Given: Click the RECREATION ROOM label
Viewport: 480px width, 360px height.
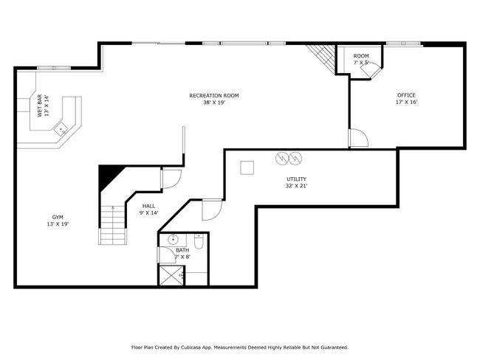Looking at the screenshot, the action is coord(214,95).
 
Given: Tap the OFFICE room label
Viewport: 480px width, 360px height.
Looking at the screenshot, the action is coord(406,95).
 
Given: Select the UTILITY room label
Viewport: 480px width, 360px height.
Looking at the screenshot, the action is coord(296,179).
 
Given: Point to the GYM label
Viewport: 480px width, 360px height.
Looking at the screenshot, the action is coord(58,217).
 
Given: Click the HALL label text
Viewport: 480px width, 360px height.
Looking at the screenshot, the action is coord(148,206).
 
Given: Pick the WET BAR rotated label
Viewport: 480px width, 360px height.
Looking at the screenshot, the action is coord(40,105).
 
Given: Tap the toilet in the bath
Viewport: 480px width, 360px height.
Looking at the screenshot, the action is coord(199,241).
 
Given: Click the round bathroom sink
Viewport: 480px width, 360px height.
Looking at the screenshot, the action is coord(174,240).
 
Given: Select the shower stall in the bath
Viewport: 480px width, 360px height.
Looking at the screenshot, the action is coord(171,276).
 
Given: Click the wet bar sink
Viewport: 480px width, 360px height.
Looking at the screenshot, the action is coord(61,129).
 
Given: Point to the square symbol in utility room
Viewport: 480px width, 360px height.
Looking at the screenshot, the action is coord(247,167).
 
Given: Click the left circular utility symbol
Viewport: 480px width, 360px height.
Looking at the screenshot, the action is coord(282,158).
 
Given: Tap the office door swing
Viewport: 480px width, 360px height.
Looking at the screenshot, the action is coord(359,138).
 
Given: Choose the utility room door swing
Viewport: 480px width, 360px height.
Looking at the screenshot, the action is coord(212,210).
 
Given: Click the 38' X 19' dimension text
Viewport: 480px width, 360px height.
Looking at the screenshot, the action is coord(214,103).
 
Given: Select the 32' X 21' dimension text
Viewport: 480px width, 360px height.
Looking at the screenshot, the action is coord(296,186).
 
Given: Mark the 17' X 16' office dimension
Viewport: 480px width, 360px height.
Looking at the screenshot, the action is coord(407,102).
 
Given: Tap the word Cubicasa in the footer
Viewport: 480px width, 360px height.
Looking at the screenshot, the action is coord(191,347).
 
